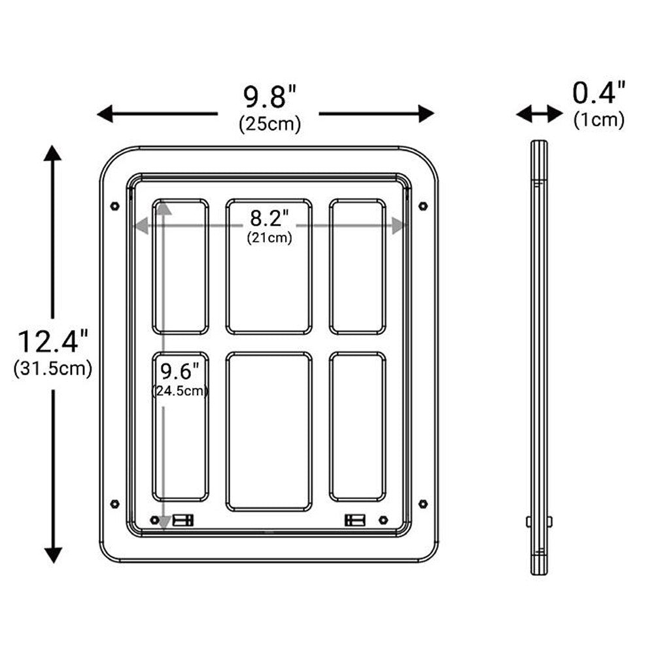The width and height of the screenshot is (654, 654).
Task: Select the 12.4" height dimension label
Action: (52, 341)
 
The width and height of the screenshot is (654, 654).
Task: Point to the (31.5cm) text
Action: (52, 368)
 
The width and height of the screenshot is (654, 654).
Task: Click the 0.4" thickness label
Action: (599, 93)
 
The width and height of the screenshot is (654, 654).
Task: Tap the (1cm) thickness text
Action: (599, 120)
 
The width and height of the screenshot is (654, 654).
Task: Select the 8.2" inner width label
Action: (269, 216)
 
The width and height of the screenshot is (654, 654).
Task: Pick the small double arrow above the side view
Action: (539, 114)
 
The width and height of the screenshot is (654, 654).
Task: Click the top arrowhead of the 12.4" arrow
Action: (52, 154)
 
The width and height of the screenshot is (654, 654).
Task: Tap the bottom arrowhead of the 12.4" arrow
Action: (52, 555)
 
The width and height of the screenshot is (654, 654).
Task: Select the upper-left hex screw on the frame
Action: (115, 205)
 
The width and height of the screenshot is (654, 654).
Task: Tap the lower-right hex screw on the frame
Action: (422, 504)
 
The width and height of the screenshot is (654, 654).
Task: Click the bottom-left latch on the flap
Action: (182, 520)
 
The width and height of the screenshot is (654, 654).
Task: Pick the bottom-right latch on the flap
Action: (354, 520)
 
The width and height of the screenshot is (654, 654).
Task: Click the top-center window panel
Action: (269, 267)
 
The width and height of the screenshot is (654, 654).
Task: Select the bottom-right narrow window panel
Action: (357, 426)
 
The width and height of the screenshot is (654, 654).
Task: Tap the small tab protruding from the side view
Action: (528, 521)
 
